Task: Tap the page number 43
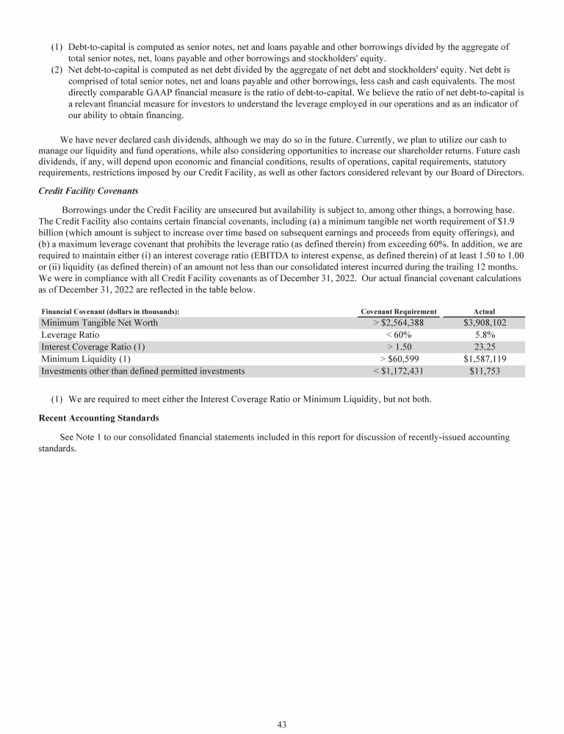(x=281, y=724)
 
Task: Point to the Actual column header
(x=484, y=312)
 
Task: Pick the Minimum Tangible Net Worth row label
(x=99, y=323)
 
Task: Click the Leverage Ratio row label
(x=70, y=335)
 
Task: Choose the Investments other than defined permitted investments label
(x=142, y=371)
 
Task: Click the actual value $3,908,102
(x=485, y=323)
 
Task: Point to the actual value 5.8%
(x=485, y=335)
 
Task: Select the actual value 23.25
(x=485, y=347)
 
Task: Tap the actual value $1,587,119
(x=485, y=359)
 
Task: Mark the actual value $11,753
(x=485, y=371)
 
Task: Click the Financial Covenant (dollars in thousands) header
(x=110, y=312)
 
